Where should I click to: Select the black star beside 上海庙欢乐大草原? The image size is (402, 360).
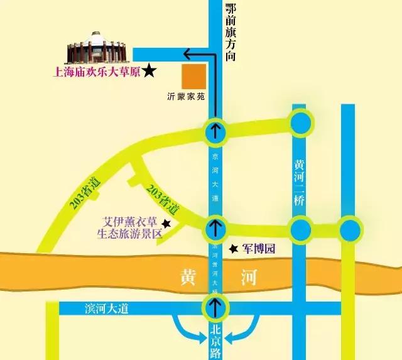[149, 72]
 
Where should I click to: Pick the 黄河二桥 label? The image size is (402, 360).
[300, 183]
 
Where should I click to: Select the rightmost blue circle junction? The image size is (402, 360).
[349, 227]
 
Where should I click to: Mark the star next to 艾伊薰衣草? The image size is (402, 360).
[166, 223]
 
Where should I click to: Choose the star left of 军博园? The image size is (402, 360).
[233, 249]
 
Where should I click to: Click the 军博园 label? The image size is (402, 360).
[259, 249]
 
